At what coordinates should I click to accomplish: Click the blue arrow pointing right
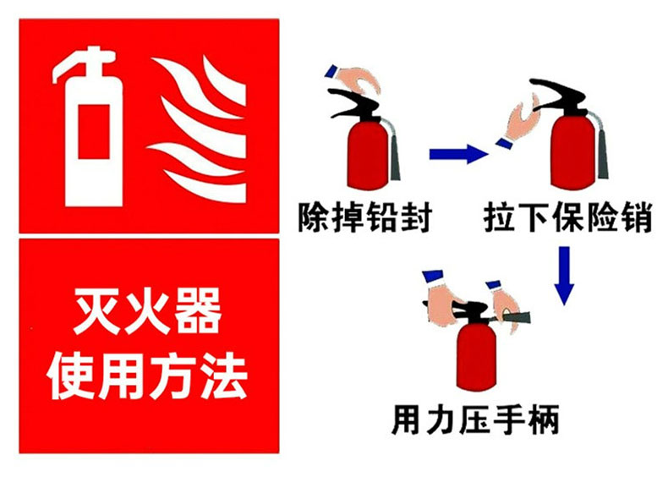click(458, 153)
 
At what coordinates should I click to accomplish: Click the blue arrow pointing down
click(564, 276)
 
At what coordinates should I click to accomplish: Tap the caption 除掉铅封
click(365, 217)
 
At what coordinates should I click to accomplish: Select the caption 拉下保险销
click(568, 217)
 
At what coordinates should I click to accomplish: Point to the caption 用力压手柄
click(475, 419)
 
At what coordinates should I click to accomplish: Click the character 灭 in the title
click(98, 311)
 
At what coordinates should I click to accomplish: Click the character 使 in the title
click(71, 376)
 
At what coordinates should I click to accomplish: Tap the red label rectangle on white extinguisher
click(94, 131)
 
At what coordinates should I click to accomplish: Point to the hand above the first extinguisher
click(356, 79)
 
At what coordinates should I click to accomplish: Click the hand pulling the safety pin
click(517, 122)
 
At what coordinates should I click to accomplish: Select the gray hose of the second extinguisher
click(599, 145)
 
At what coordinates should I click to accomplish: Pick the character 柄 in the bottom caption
click(544, 419)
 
